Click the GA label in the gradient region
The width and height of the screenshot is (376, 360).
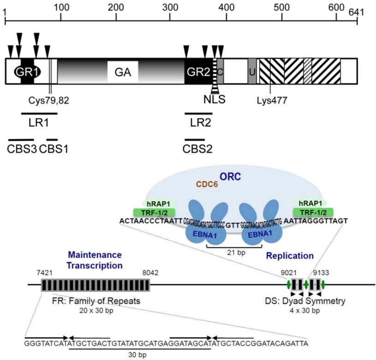tap(123, 72)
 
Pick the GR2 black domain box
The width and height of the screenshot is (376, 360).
tap(198, 71)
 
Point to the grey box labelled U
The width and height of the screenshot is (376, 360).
tap(252, 71)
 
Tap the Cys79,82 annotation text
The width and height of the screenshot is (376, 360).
tap(49, 99)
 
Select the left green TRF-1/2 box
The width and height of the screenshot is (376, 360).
tap(155, 212)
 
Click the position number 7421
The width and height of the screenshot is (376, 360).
tap(45, 273)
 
